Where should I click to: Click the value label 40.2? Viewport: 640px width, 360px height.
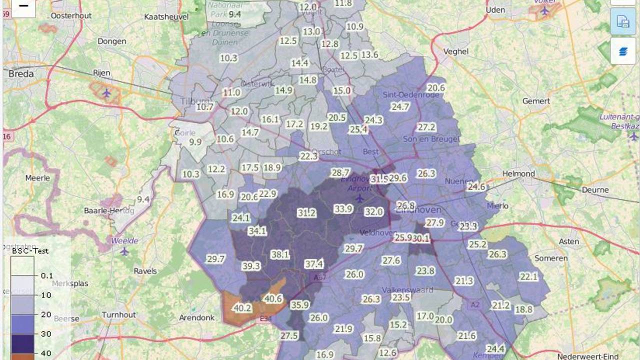coord(242,308)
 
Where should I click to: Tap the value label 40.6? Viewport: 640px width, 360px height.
coord(273,298)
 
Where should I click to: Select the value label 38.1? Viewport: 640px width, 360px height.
coord(280,254)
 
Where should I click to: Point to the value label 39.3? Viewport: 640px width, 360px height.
coord(251,266)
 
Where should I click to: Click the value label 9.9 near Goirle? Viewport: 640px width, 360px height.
coord(195,142)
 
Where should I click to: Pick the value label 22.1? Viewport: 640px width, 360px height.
coord(528,276)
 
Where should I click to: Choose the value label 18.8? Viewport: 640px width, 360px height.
coord(523,309)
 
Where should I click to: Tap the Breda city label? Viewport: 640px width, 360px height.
coord(21,74)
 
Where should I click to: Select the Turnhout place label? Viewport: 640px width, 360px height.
coord(118,314)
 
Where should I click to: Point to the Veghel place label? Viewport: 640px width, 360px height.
coord(455,51)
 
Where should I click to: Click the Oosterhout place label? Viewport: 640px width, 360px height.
coord(71,15)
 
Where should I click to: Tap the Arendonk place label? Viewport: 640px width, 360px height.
coord(196,317)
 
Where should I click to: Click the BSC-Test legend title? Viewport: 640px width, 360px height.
coord(31,250)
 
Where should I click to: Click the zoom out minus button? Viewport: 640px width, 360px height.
coord(23,6)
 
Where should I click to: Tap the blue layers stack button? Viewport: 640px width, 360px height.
coord(623,50)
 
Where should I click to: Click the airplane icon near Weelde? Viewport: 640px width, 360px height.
coord(124,250)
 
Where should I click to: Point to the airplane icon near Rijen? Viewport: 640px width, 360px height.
coord(106,92)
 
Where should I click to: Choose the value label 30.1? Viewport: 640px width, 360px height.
coord(420,239)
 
